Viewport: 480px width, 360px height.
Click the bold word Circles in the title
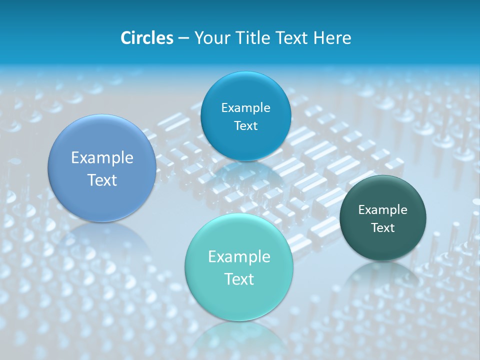pos(146,38)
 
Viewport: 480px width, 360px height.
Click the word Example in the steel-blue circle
pos(102,158)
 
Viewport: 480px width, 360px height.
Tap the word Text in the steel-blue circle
pos(102,180)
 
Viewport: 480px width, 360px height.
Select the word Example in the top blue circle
pos(245,108)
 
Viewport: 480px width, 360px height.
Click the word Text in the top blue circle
pos(245,126)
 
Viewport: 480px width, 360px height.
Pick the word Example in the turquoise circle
pos(239,257)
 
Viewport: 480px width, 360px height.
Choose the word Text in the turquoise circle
pos(239,279)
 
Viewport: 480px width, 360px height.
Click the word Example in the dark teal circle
pos(382,210)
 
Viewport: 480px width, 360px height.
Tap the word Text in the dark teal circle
pos(382,228)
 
